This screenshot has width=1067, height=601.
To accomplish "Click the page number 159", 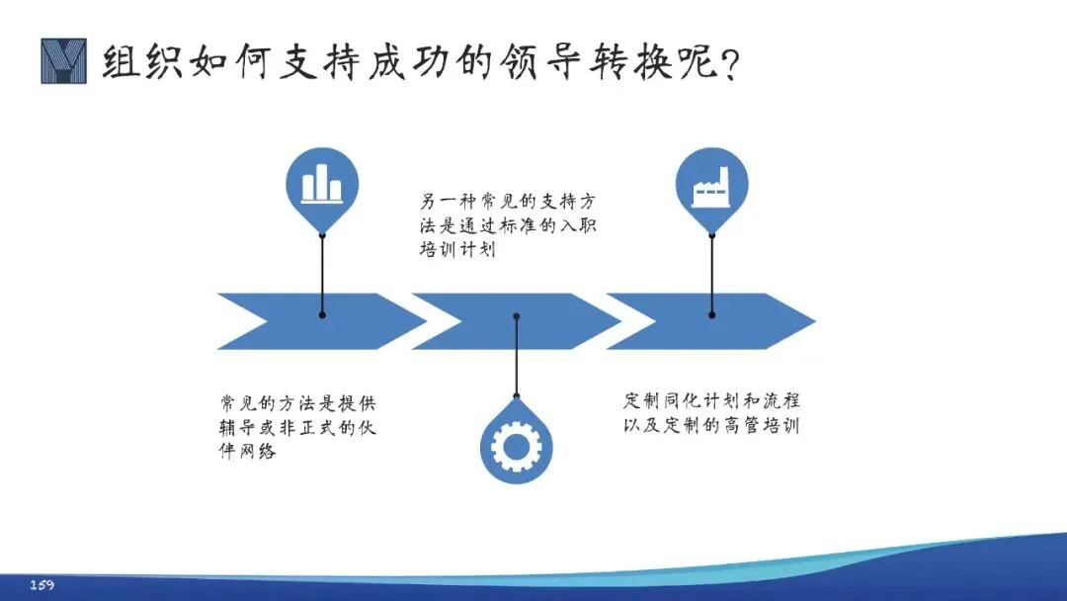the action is point(41,585).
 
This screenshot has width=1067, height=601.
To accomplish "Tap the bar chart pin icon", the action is point(322,186).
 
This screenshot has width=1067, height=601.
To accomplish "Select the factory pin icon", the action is point(711,186).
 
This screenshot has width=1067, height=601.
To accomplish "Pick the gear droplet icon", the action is point(516,447).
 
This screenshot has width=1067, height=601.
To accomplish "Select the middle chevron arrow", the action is point(494,321).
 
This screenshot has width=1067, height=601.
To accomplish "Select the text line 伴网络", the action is point(247,452).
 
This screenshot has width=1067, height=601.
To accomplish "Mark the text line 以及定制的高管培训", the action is point(711,427).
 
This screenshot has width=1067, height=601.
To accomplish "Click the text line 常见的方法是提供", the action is point(297,403).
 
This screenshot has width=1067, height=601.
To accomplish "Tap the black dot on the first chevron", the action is point(322,314).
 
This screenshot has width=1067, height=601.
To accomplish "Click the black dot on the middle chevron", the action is point(516,316).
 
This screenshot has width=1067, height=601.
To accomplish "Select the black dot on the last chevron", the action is point(711,314).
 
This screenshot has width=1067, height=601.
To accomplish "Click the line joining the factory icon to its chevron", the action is point(711,273).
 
